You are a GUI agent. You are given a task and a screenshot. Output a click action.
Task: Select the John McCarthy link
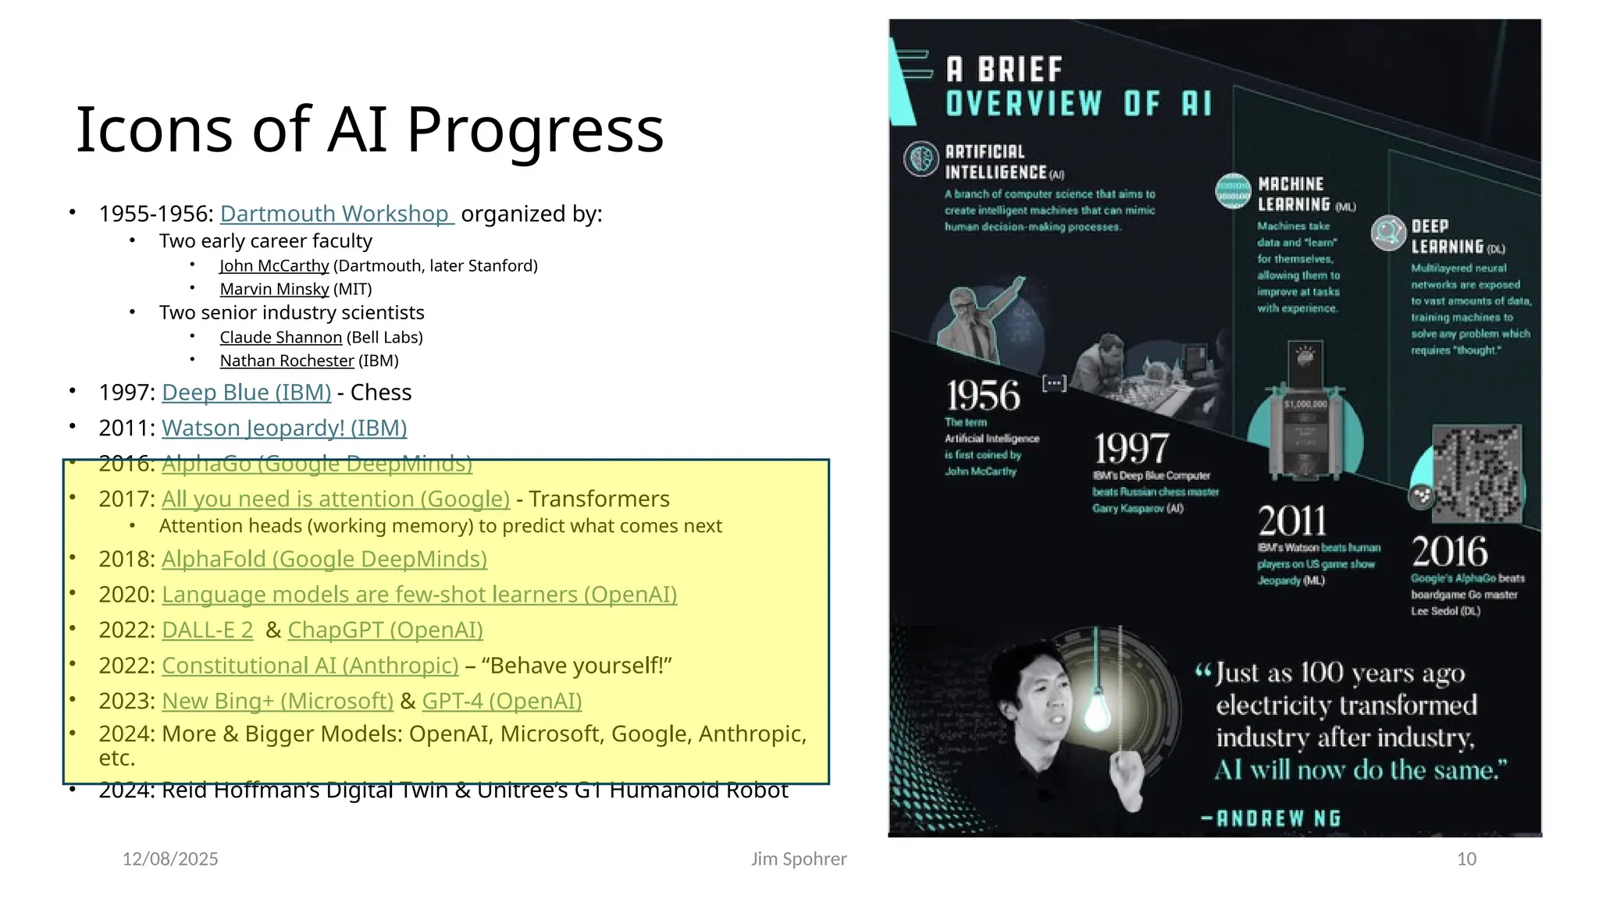[274, 266]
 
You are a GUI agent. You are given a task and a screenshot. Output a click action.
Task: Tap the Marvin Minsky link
[274, 290]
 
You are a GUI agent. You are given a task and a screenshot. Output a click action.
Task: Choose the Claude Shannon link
[280, 338]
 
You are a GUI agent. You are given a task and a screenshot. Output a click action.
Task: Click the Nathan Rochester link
[287, 361]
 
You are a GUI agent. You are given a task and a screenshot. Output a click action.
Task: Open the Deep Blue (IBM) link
[246, 393]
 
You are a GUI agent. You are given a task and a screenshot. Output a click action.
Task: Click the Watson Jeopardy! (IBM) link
[284, 428]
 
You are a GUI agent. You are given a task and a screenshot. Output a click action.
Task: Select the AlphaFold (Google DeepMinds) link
[324, 560]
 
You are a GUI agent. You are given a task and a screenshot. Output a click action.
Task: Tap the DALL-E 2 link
[207, 631]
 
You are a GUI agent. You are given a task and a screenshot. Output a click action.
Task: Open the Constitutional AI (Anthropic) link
[310, 666]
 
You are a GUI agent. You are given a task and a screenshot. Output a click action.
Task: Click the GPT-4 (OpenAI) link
[502, 702]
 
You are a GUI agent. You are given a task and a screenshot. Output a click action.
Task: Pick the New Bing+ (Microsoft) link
[277, 702]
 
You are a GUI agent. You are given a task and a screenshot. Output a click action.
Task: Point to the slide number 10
[1466, 859]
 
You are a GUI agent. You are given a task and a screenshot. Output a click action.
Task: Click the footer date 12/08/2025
[170, 859]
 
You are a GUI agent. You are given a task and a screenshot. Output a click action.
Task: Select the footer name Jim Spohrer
[799, 859]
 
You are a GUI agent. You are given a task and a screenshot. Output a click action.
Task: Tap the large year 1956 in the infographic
[983, 396]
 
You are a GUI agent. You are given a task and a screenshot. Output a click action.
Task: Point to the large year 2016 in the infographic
[1449, 552]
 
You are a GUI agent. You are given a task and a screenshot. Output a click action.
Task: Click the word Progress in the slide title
[535, 130]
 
